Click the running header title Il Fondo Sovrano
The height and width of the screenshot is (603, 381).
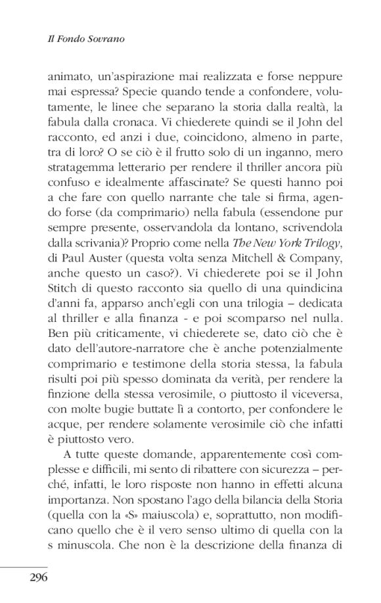(87, 39)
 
